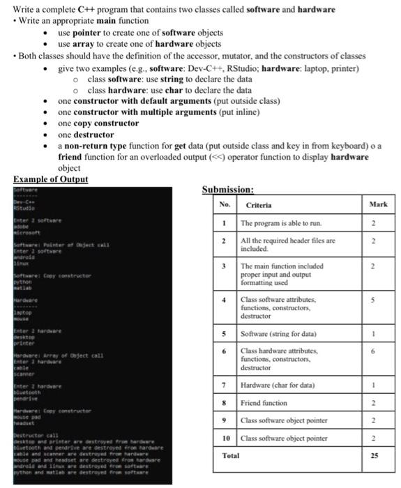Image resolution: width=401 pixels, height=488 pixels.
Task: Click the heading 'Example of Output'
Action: click(x=51, y=179)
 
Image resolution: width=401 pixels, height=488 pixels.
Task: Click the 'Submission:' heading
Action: click(x=227, y=189)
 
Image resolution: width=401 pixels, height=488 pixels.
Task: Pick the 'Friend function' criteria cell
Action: click(x=264, y=403)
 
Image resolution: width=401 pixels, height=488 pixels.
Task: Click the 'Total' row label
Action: click(x=230, y=455)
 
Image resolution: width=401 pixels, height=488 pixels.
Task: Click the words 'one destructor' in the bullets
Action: click(x=86, y=135)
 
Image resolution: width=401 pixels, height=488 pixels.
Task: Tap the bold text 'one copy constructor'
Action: click(x=98, y=123)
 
